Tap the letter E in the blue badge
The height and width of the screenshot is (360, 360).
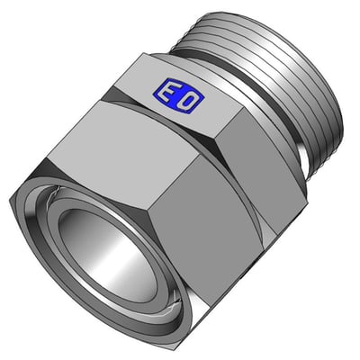pos(168,91)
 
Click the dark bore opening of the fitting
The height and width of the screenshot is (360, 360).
pos(108,252)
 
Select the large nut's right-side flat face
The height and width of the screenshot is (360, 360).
pos(207,228)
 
